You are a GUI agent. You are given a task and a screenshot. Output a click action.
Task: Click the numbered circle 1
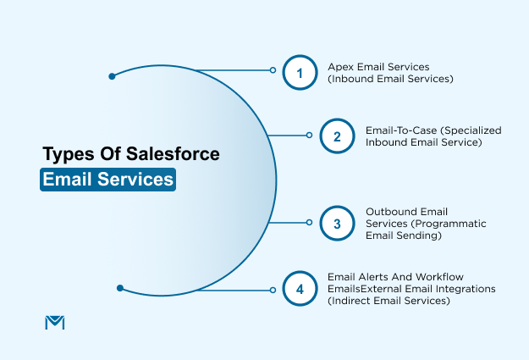click(x=299, y=72)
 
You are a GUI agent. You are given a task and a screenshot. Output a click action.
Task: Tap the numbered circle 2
click(x=337, y=136)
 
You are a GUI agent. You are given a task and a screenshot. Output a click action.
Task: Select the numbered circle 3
click(x=337, y=224)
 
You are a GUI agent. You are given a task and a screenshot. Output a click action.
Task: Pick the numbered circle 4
click(x=299, y=289)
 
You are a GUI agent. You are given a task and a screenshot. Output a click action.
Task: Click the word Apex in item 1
click(x=339, y=65)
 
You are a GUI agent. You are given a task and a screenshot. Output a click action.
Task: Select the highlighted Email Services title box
click(x=107, y=180)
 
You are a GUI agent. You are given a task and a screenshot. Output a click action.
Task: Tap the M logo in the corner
click(x=53, y=322)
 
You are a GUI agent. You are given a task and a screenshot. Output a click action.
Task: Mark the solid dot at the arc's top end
click(x=112, y=76)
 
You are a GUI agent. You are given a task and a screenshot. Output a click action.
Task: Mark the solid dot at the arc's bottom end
click(x=121, y=288)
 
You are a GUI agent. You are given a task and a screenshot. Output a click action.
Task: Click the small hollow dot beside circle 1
click(x=273, y=71)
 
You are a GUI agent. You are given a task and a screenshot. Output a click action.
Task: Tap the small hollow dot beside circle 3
click(x=310, y=224)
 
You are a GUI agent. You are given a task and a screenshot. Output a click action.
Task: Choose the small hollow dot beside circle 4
click(x=273, y=290)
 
